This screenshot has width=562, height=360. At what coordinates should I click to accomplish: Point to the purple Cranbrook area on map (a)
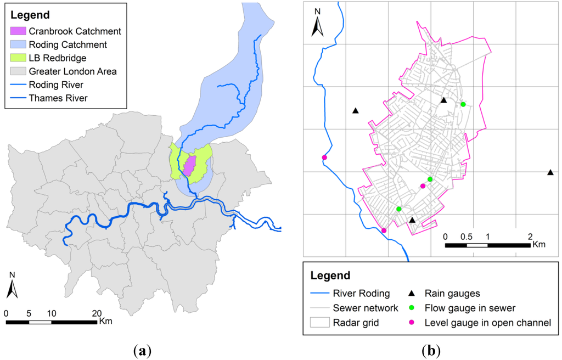click(x=190, y=165)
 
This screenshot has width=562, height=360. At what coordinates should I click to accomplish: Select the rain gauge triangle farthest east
click(x=550, y=172)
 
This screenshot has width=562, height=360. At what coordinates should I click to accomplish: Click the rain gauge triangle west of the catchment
click(x=356, y=111)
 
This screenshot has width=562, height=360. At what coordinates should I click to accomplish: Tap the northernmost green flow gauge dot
click(x=463, y=104)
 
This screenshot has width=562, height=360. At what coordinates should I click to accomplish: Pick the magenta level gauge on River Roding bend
click(x=324, y=158)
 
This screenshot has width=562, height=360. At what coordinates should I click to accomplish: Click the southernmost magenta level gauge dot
click(x=384, y=231)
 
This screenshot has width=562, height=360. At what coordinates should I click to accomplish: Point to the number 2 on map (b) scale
click(x=530, y=236)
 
